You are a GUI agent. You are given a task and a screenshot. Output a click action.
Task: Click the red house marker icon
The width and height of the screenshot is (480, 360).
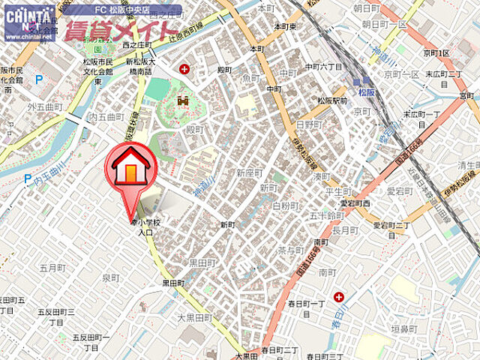[131, 169]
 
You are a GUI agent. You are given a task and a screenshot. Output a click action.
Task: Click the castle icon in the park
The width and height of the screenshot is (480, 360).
[181, 99]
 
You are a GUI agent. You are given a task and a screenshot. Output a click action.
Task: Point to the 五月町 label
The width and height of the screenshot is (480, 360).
[53, 267]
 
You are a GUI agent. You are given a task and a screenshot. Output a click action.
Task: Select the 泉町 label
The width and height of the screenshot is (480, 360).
[110, 277]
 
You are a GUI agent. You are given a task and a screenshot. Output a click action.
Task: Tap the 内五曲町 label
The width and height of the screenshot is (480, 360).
[105, 117]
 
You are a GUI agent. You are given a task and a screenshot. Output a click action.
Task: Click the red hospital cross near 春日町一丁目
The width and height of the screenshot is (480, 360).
[340, 297]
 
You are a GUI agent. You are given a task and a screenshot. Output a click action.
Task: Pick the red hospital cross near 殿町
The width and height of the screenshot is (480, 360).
[184, 69]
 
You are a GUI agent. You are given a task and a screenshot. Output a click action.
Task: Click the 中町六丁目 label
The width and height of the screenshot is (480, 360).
[324, 66]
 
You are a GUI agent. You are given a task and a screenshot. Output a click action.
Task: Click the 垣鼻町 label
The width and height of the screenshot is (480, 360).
[404, 328]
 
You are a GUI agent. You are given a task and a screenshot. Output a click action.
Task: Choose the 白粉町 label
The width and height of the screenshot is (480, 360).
[286, 205]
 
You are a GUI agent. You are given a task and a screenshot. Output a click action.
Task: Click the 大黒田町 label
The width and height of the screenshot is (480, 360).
[193, 318]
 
